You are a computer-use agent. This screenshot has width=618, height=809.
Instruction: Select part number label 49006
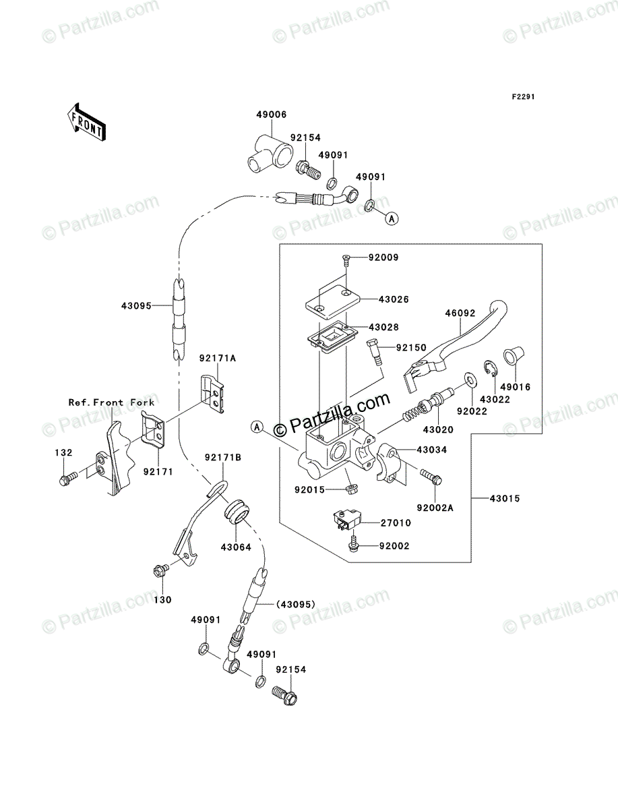tap(272, 115)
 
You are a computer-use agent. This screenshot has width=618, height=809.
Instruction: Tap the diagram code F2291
tap(523, 96)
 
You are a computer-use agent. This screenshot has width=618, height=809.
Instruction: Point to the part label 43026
tap(394, 299)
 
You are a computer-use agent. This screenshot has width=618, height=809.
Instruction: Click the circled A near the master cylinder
tap(257, 427)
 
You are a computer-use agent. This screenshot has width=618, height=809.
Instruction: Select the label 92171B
tap(223, 457)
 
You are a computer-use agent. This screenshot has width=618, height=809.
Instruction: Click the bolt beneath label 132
tap(68, 479)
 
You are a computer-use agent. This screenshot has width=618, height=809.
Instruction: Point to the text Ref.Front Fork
tap(112, 402)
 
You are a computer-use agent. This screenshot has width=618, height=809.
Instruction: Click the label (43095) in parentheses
tap(295, 605)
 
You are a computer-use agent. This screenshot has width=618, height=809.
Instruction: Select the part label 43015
tap(505, 499)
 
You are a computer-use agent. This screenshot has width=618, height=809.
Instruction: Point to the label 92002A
tap(435, 508)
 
